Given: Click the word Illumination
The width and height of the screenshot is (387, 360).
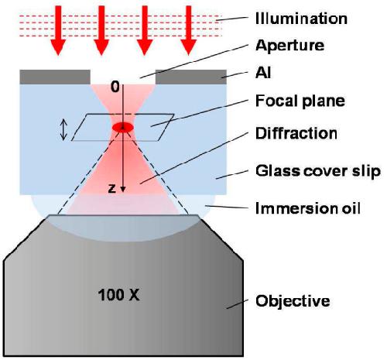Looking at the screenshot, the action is [x=301, y=19].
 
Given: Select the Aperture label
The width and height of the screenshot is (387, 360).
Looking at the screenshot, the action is [x=289, y=46].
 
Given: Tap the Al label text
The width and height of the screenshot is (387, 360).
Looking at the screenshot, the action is [x=263, y=73].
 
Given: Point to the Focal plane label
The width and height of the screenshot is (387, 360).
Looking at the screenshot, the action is [x=300, y=101].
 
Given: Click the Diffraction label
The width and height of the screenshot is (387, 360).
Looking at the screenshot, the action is [x=296, y=133].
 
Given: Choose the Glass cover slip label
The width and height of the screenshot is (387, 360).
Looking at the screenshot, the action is [x=318, y=171].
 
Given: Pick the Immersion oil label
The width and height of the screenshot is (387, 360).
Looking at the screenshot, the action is [x=308, y=208].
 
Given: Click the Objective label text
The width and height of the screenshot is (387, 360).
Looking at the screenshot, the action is [x=293, y=300].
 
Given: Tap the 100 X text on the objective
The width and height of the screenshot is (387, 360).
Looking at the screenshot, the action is [x=119, y=294].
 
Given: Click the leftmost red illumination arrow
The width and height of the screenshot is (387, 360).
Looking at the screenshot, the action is [x=58, y=30].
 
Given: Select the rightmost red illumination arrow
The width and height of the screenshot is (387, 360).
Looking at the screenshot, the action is [x=189, y=30].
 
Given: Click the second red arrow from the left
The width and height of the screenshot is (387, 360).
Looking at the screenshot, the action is [x=101, y=30].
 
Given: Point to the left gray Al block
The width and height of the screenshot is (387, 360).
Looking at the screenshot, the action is [x=55, y=77].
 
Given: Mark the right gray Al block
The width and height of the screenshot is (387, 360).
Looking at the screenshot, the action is [x=191, y=77].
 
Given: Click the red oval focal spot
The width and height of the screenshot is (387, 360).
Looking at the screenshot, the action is [x=123, y=127].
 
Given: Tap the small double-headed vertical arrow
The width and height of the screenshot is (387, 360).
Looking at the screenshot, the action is [x=63, y=131].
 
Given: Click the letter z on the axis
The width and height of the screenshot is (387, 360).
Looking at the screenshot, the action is [x=111, y=188].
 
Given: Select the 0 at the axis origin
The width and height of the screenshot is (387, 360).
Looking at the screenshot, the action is [x=115, y=87].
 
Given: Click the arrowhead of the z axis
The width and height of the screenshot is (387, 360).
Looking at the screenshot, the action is [x=123, y=189].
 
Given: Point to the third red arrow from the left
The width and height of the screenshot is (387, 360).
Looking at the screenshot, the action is [x=145, y=30].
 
